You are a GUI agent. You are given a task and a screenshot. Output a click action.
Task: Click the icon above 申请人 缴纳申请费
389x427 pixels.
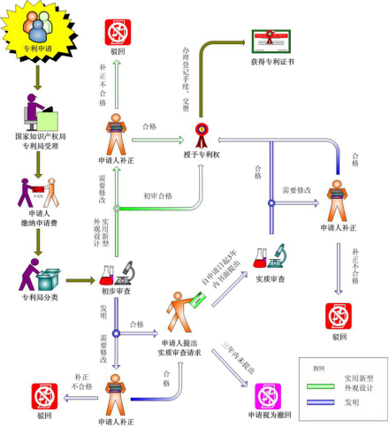pyautogui.click(x=38, y=190)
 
